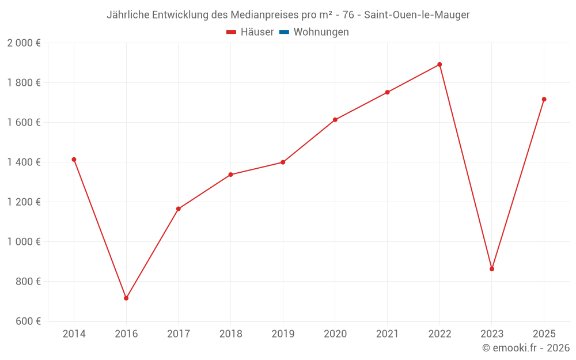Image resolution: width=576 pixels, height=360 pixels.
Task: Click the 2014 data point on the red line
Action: (x=74, y=160)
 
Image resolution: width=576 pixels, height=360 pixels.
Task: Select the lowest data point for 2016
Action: (x=126, y=298)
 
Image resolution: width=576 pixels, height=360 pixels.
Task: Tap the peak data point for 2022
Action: (x=439, y=65)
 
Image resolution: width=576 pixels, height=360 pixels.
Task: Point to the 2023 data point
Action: (x=492, y=269)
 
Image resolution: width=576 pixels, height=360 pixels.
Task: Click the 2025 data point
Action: (x=544, y=99)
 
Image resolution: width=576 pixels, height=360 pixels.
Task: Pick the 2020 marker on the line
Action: (x=335, y=120)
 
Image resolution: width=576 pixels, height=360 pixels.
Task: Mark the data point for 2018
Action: (x=230, y=175)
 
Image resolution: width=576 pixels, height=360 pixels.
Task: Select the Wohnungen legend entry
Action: (x=321, y=32)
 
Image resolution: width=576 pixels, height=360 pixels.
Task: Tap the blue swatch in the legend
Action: (x=284, y=32)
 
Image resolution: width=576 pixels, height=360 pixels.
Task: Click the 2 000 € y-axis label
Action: (x=24, y=43)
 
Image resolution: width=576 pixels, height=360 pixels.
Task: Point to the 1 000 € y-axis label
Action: (x=24, y=242)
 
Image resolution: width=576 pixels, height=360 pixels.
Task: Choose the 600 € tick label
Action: (x=27, y=321)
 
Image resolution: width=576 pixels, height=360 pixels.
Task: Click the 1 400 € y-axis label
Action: (x=24, y=162)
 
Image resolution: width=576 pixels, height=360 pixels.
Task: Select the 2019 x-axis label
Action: (x=283, y=334)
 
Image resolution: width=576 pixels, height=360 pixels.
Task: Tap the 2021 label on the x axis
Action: (x=387, y=334)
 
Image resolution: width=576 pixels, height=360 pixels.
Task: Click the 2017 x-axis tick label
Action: (x=178, y=334)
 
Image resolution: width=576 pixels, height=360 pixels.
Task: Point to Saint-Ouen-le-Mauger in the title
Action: (x=417, y=15)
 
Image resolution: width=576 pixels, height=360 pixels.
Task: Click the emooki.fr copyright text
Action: (x=525, y=348)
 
